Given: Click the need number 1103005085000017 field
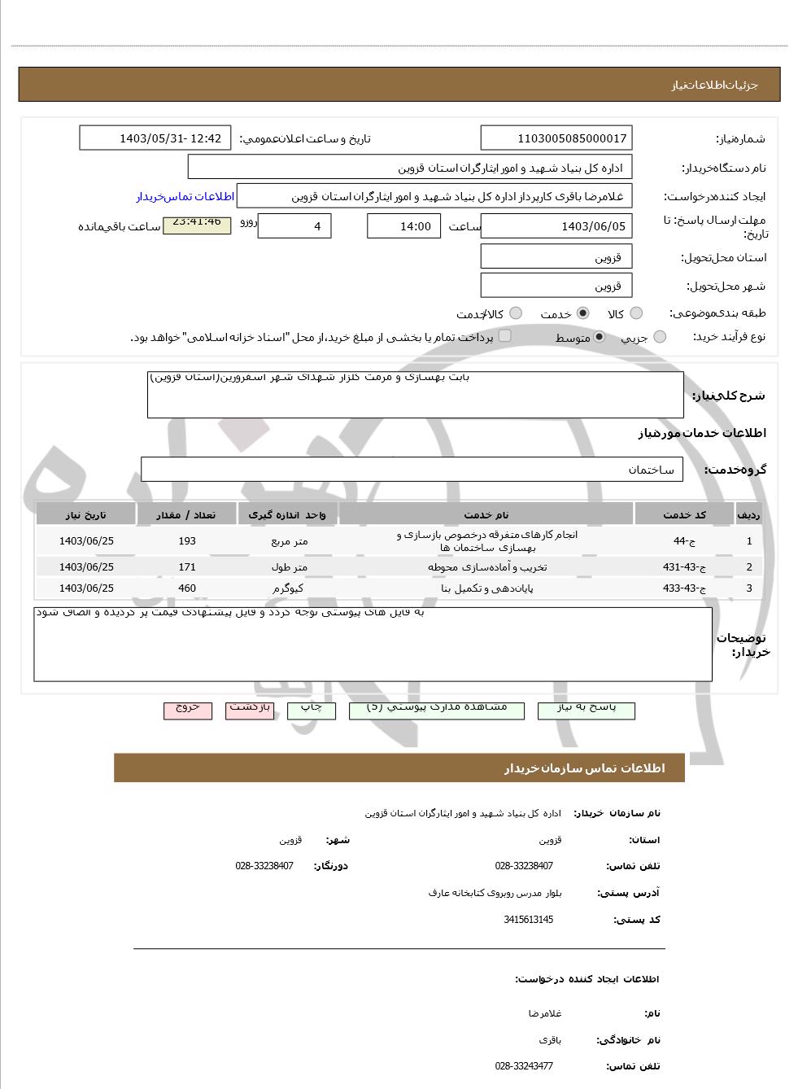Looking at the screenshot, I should (556, 138).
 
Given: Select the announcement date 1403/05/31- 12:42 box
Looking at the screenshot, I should (155, 138).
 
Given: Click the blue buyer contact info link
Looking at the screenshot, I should (185, 196).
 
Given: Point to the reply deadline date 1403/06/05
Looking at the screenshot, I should (556, 226).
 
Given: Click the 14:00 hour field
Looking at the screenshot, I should (403, 226).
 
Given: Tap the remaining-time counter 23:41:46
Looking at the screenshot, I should (197, 223).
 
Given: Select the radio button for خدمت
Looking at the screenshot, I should (582, 313).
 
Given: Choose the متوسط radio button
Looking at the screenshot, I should (600, 337).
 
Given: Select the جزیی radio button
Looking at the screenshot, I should (660, 337).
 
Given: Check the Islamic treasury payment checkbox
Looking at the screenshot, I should (505, 335).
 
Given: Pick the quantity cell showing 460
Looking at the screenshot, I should (187, 588).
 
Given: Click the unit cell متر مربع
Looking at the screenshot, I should (288, 541).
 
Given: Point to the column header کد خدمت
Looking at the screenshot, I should (684, 514).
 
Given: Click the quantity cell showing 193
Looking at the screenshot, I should (187, 541).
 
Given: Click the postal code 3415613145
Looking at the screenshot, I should (528, 920).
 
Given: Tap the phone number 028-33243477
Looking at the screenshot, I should (524, 1066).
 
